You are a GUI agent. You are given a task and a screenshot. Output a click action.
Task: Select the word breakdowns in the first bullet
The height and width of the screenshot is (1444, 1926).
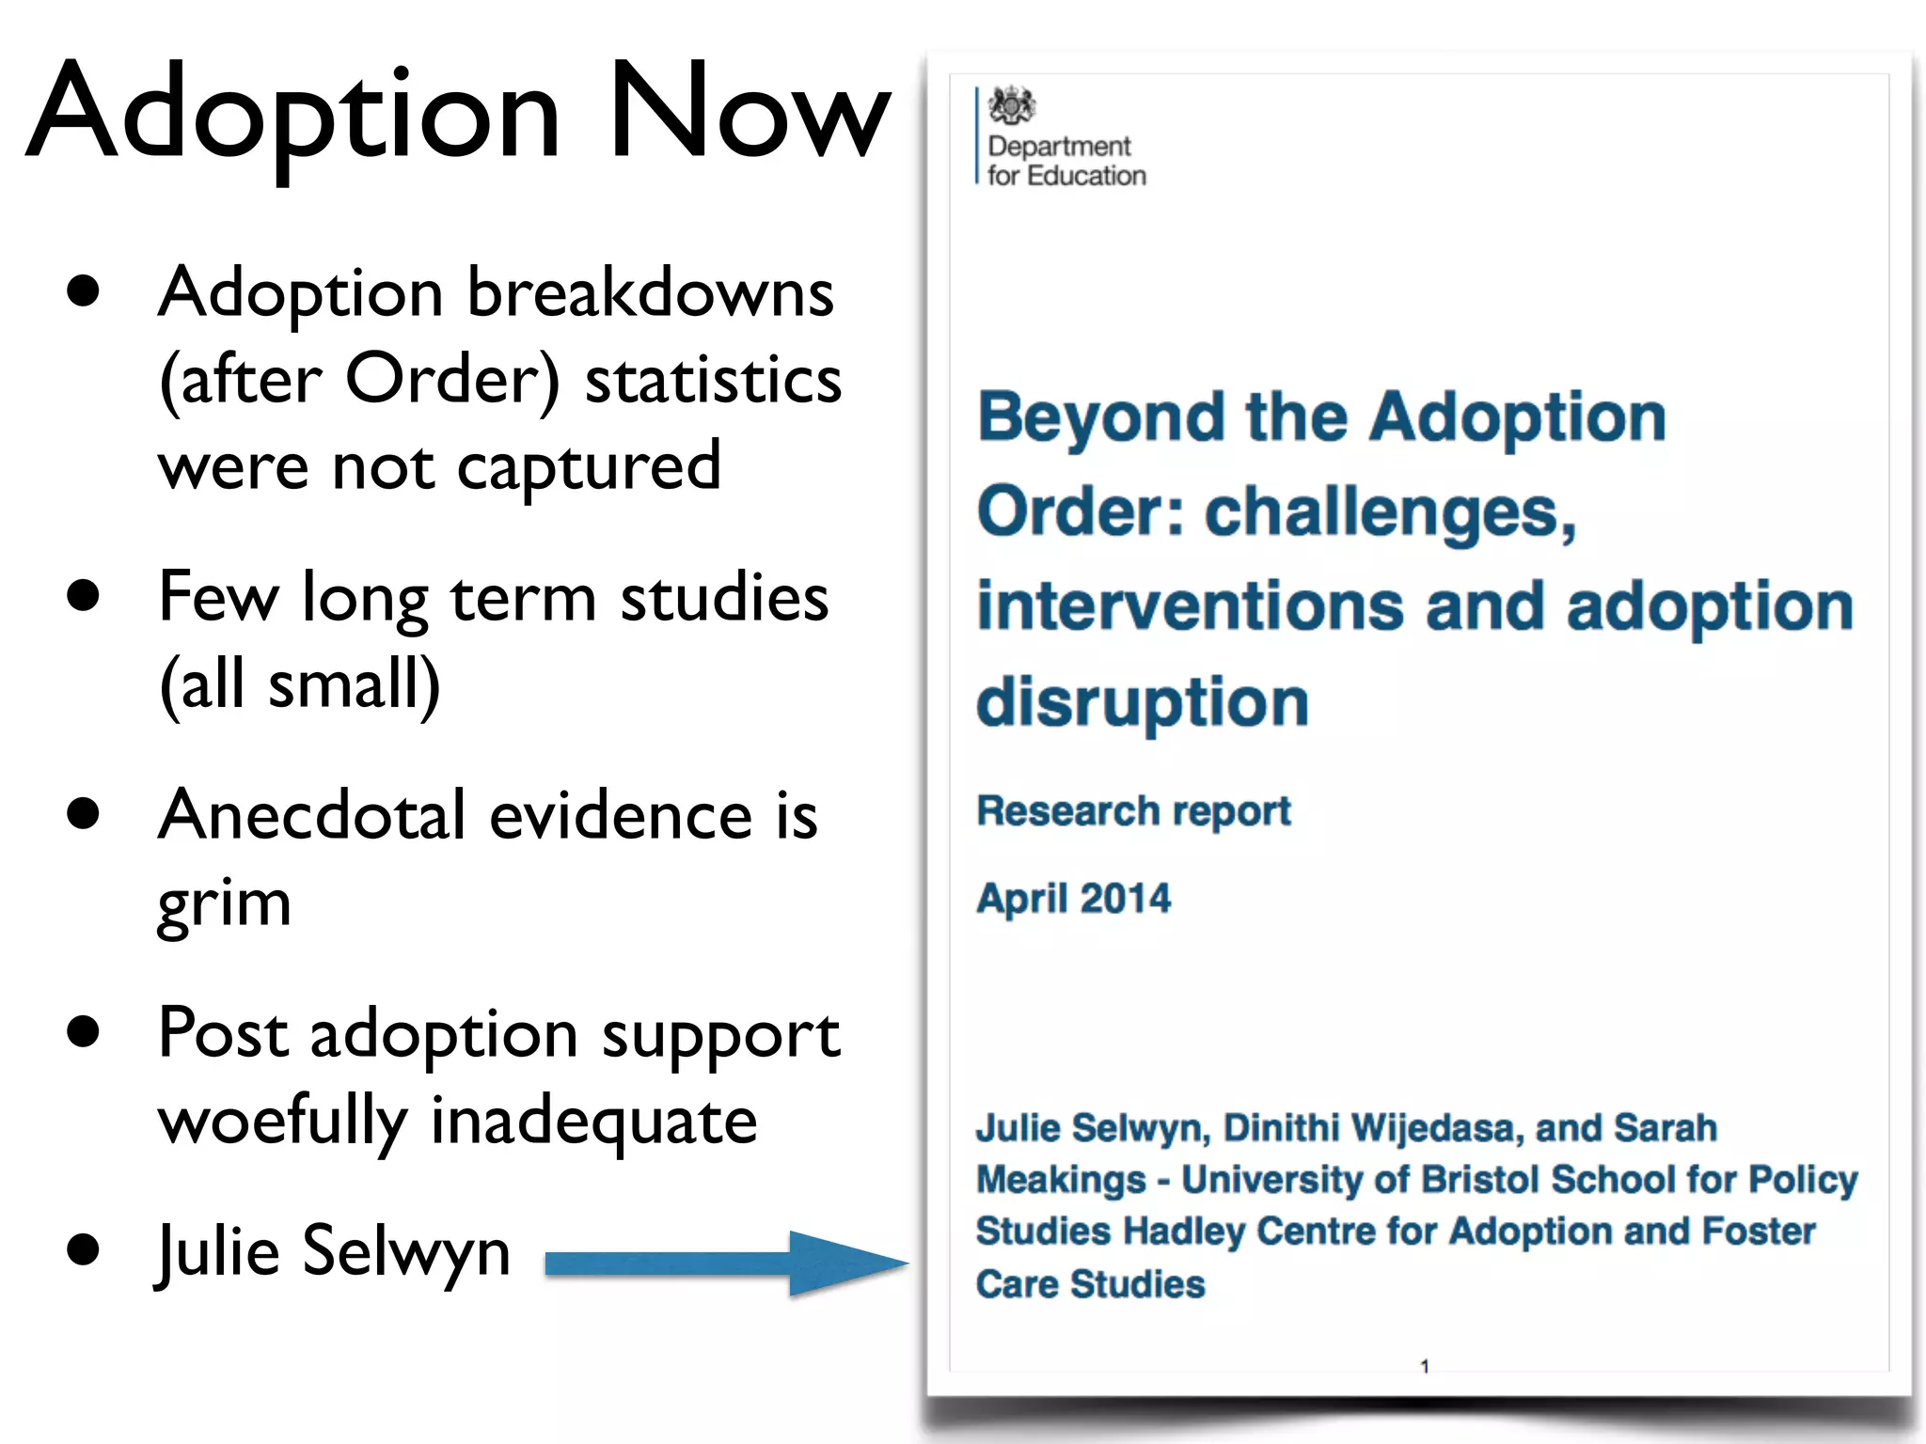click(650, 292)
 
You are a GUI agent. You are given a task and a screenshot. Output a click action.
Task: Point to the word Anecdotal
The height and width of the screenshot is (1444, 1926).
click(311, 814)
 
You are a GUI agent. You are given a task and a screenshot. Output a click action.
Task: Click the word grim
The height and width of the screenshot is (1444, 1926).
click(224, 902)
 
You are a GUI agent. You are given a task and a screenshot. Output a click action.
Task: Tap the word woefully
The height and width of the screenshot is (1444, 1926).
click(282, 1121)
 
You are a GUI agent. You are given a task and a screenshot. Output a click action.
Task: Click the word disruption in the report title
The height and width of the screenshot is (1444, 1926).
click(1142, 701)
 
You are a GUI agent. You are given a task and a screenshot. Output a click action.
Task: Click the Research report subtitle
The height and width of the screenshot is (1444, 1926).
click(1133, 810)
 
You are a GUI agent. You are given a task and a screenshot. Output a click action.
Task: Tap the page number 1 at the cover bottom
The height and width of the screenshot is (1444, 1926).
click(1425, 1366)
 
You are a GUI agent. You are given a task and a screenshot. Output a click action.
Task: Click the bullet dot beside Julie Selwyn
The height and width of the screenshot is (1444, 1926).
click(84, 1249)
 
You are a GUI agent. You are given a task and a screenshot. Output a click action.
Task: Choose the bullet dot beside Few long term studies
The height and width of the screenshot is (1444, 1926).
click(84, 595)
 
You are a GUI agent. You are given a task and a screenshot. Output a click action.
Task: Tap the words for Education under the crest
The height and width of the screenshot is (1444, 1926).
click(1066, 176)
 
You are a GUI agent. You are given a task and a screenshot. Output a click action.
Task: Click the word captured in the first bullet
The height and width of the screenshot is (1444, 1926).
click(589, 466)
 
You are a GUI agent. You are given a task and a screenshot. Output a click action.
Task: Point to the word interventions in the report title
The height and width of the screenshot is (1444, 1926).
click(1190, 606)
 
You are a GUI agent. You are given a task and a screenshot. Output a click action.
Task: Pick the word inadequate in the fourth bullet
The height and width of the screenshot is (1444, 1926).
click(593, 1121)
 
